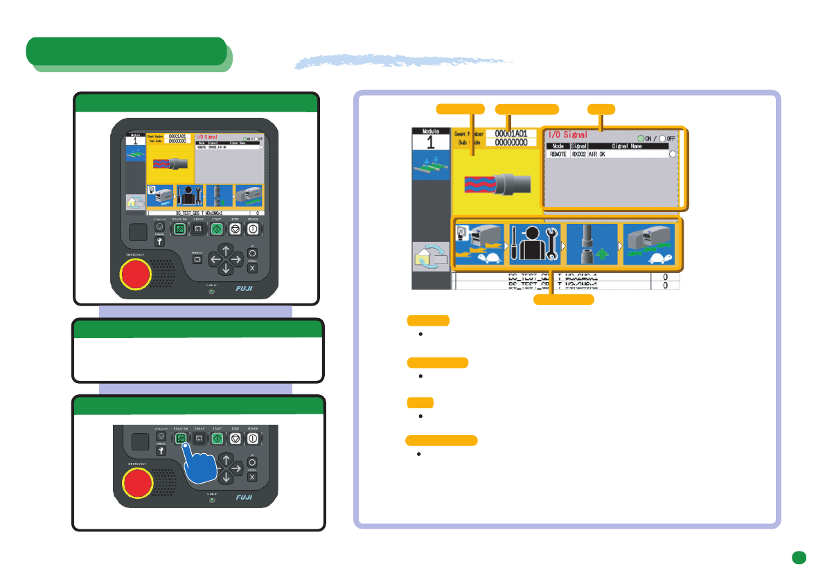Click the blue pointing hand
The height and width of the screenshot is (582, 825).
coord(205,471)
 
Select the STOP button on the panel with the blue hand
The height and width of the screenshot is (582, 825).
coord(234,439)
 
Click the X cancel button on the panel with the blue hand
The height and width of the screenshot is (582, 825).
coord(252,477)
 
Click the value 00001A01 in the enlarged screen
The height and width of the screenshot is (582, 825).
coord(511,133)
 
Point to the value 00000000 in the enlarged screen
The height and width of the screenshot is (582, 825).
coord(511,142)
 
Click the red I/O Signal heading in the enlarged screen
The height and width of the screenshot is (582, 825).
coord(567,134)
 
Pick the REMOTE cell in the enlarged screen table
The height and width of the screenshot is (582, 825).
coord(558,155)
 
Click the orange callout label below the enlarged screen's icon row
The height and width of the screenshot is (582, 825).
coord(563,299)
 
